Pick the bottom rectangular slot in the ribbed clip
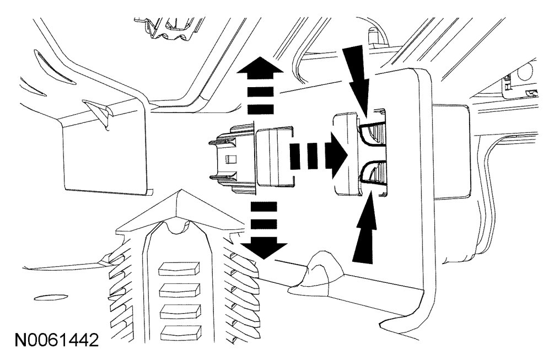[180, 331]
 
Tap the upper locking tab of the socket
[372, 133]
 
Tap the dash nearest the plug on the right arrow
[295, 155]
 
